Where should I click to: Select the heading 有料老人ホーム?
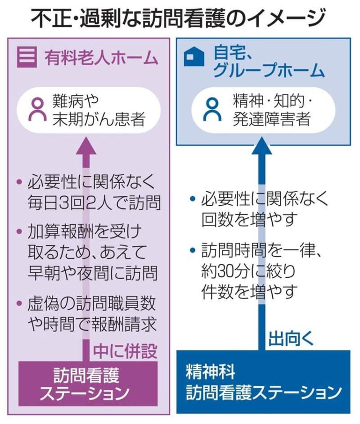pyautogui.click(x=102, y=58)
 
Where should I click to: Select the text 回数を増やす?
pyautogui.click(x=250, y=220)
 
